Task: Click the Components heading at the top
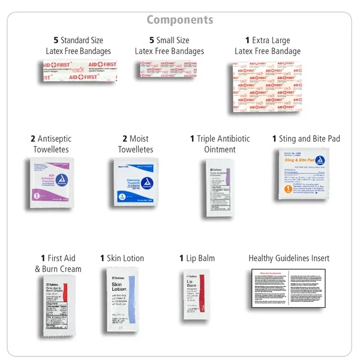[x=180, y=20]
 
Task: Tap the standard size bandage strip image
[x=78, y=73]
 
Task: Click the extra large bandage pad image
[x=268, y=88]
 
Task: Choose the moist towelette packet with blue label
[x=135, y=182]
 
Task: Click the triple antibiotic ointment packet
[x=220, y=188]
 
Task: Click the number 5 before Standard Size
[x=56, y=40]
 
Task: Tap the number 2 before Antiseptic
[x=33, y=139]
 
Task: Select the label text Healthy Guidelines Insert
[x=289, y=258]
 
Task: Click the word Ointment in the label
[x=220, y=149]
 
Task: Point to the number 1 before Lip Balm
[x=181, y=258]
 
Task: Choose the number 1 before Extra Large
[x=247, y=40]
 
